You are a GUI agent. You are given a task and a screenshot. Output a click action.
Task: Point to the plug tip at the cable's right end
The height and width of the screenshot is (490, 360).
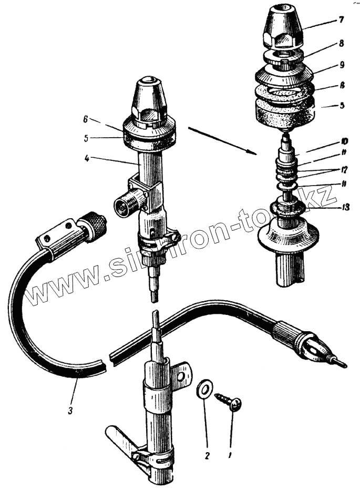[336, 361]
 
